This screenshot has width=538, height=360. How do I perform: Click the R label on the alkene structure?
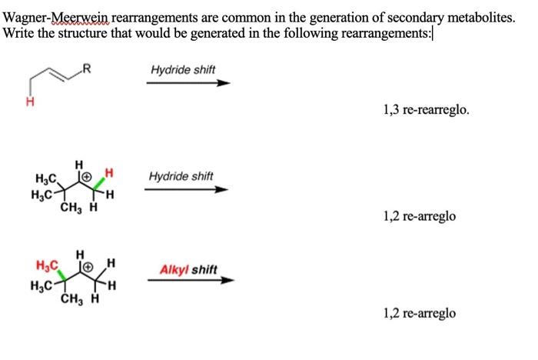click(87, 73)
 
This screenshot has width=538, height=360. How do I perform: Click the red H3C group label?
click(48, 267)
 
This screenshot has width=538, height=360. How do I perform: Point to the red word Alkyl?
click(173, 269)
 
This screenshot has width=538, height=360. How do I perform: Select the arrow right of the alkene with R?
click(188, 83)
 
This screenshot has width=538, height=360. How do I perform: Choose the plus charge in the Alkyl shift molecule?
click(88, 267)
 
